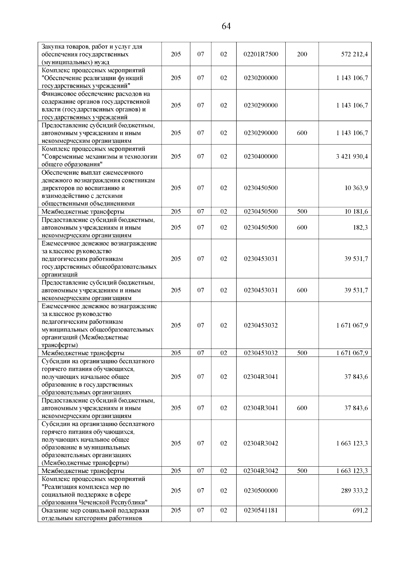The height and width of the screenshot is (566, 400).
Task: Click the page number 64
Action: pyautogui.click(x=226, y=26)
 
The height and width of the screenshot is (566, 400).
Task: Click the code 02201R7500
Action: pyautogui.click(x=261, y=54)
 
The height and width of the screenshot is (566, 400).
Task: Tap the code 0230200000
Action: pyautogui.click(x=261, y=78)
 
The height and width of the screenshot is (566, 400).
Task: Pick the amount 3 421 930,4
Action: pyautogui.click(x=352, y=156)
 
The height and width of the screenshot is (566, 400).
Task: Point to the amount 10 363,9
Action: pyautogui.click(x=356, y=188)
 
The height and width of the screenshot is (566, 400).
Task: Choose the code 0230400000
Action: pyautogui.click(x=261, y=156)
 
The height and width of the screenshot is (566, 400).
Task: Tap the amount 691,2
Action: pyautogui.click(x=360, y=510)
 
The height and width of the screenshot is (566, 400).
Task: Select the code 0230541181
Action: pyautogui.click(x=261, y=510)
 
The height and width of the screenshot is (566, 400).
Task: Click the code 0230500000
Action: pyautogui.click(x=261, y=491)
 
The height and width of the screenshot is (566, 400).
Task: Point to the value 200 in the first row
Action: pyautogui.click(x=302, y=54)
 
